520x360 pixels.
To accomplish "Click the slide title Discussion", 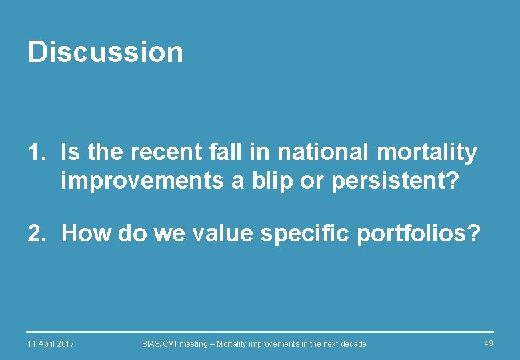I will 105,52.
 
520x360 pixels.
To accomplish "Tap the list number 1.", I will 35,153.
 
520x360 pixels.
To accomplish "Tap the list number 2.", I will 35,233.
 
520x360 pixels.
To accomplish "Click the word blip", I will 270,181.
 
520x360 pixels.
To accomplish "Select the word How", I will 87,233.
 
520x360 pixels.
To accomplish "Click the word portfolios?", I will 419,234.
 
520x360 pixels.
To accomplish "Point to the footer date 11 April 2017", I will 51,343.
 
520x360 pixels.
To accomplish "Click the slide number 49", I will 489,343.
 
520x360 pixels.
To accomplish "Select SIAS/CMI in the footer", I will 159,343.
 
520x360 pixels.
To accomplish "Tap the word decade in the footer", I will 353,343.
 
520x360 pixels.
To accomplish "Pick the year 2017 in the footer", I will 65,343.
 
